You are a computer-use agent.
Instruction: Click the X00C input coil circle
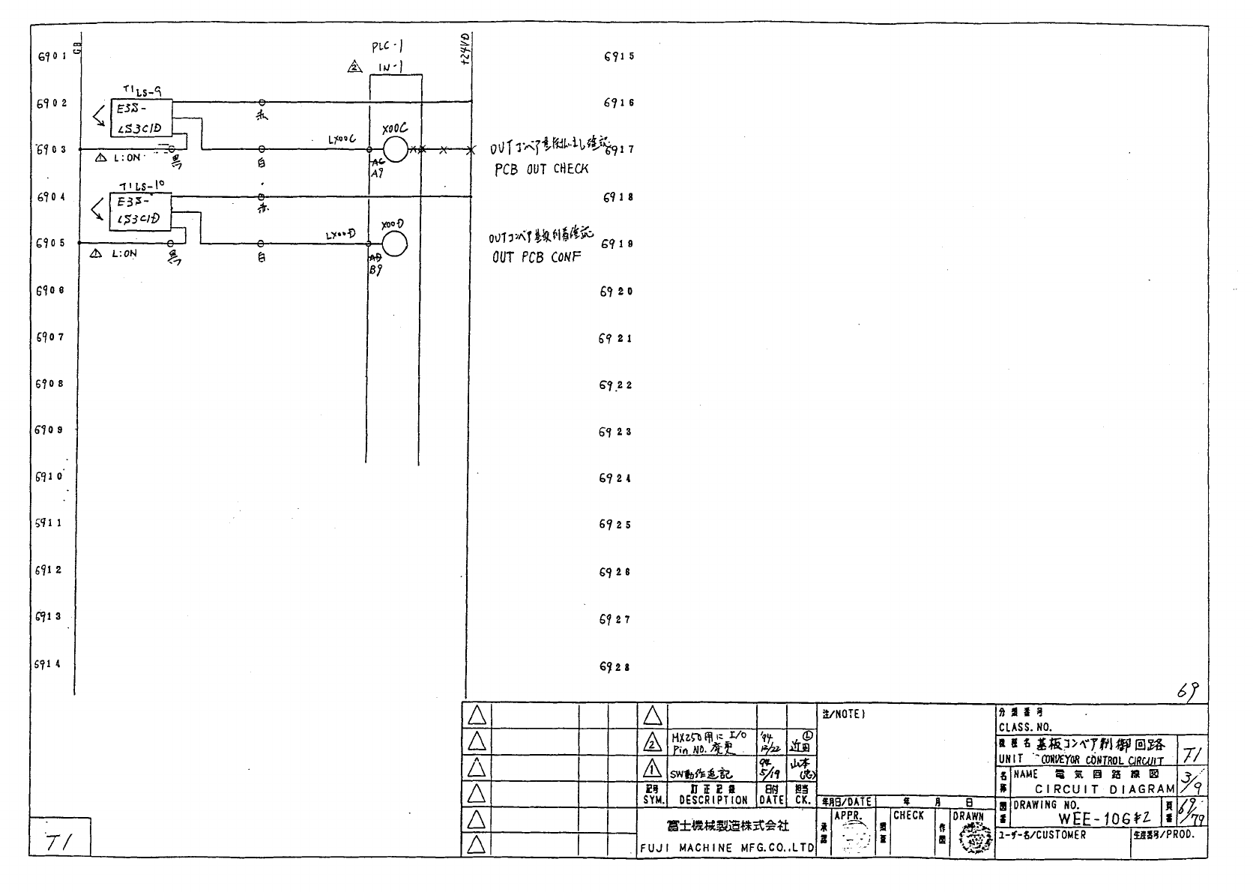pyautogui.click(x=395, y=150)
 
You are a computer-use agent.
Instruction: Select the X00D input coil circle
pyautogui.click(x=394, y=244)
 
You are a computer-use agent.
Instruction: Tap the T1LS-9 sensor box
pyautogui.click(x=141, y=118)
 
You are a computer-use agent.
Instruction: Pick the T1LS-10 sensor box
pyautogui.click(x=141, y=211)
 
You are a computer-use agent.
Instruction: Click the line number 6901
pyautogui.click(x=52, y=56)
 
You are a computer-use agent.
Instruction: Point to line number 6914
pyautogui.click(x=49, y=664)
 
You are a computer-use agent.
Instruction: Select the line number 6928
pyautogui.click(x=615, y=666)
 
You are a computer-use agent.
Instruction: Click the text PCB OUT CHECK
pyautogui.click(x=541, y=169)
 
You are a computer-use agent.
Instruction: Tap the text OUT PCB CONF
pyautogui.click(x=537, y=257)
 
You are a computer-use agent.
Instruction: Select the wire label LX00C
pyautogui.click(x=342, y=139)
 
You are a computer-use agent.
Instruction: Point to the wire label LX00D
pyautogui.click(x=340, y=235)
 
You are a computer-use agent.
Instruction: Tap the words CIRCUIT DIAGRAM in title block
pyautogui.click(x=1105, y=789)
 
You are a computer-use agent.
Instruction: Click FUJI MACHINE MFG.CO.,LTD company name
pyautogui.click(x=726, y=848)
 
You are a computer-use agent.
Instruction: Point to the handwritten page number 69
pyautogui.click(x=1186, y=692)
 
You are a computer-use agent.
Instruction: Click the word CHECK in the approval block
pyautogui.click(x=908, y=816)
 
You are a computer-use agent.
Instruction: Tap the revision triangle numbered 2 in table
pyautogui.click(x=653, y=744)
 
